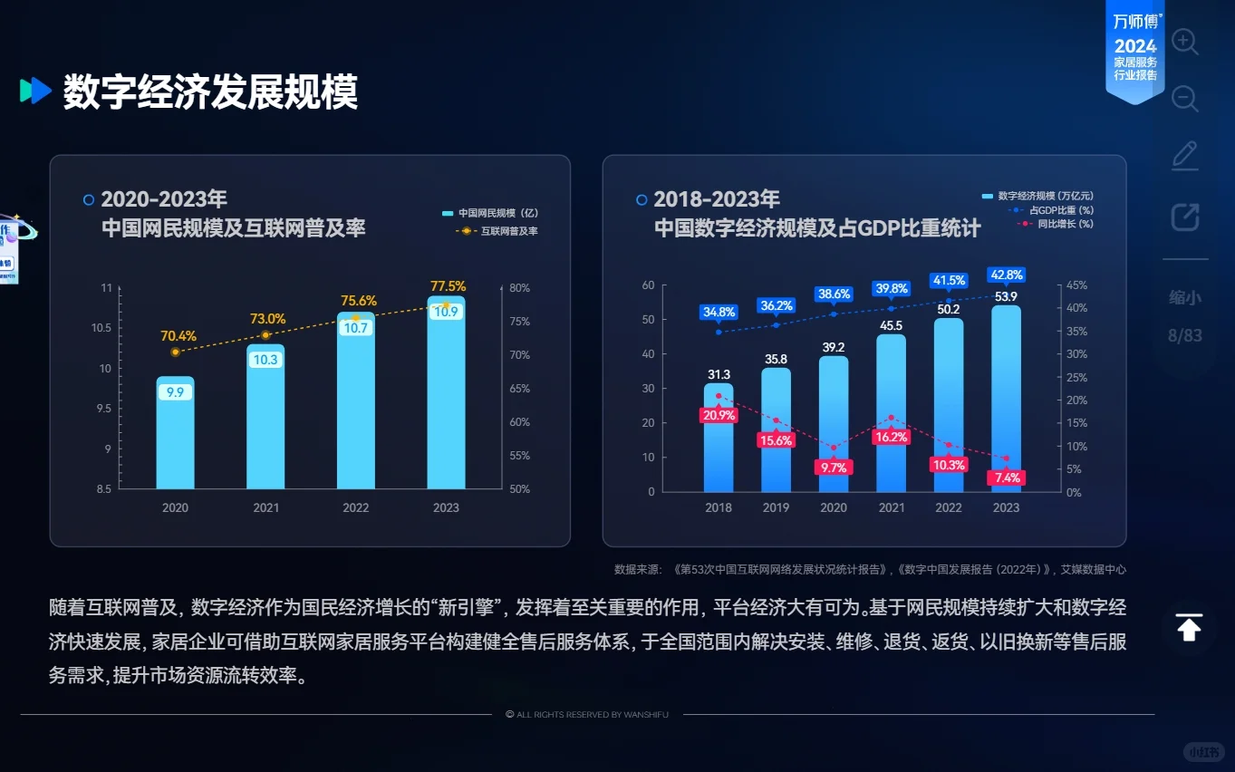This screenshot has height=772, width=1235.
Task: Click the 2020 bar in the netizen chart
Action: click(x=175, y=435)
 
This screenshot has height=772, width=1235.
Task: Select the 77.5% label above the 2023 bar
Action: click(x=448, y=286)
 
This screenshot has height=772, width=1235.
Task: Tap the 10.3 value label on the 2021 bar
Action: click(x=265, y=360)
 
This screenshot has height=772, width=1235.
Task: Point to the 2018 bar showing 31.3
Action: click(x=719, y=439)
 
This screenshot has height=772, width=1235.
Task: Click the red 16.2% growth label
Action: click(x=891, y=437)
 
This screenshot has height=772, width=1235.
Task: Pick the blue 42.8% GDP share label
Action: click(x=1006, y=275)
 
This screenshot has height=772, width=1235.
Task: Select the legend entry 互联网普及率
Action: click(x=508, y=231)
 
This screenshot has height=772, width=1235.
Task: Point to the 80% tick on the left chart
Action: click(x=519, y=288)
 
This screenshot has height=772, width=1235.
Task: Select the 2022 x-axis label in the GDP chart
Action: click(x=949, y=507)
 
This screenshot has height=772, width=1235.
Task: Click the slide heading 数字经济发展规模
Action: click(x=210, y=92)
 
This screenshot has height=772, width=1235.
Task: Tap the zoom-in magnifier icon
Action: click(x=1185, y=42)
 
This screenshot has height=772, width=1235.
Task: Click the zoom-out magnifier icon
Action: click(x=1185, y=98)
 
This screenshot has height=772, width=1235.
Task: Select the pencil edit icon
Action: click(x=1185, y=156)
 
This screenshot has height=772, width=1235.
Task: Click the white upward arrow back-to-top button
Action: click(x=1189, y=627)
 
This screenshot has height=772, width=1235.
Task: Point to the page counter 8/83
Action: click(x=1185, y=336)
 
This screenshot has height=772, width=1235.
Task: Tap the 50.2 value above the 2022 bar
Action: click(x=949, y=309)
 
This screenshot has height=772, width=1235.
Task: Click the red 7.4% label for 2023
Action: click(x=1006, y=478)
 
